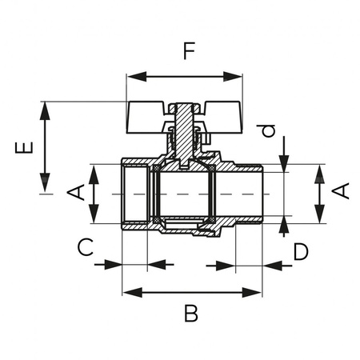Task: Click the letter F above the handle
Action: (189, 53)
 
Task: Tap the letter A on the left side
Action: (75, 193)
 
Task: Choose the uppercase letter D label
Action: (300, 252)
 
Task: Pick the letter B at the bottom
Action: (190, 314)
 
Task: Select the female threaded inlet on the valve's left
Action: (134, 194)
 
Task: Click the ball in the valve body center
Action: (185, 194)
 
